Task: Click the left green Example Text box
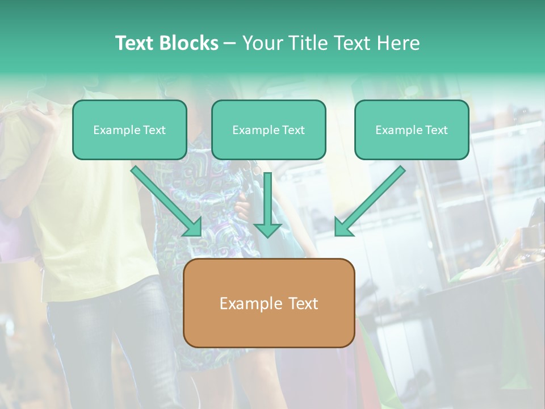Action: tap(129, 130)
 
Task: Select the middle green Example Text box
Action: tap(269, 130)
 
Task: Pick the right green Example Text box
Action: tap(412, 130)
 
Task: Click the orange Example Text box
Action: tap(269, 303)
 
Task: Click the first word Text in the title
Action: tap(135, 43)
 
